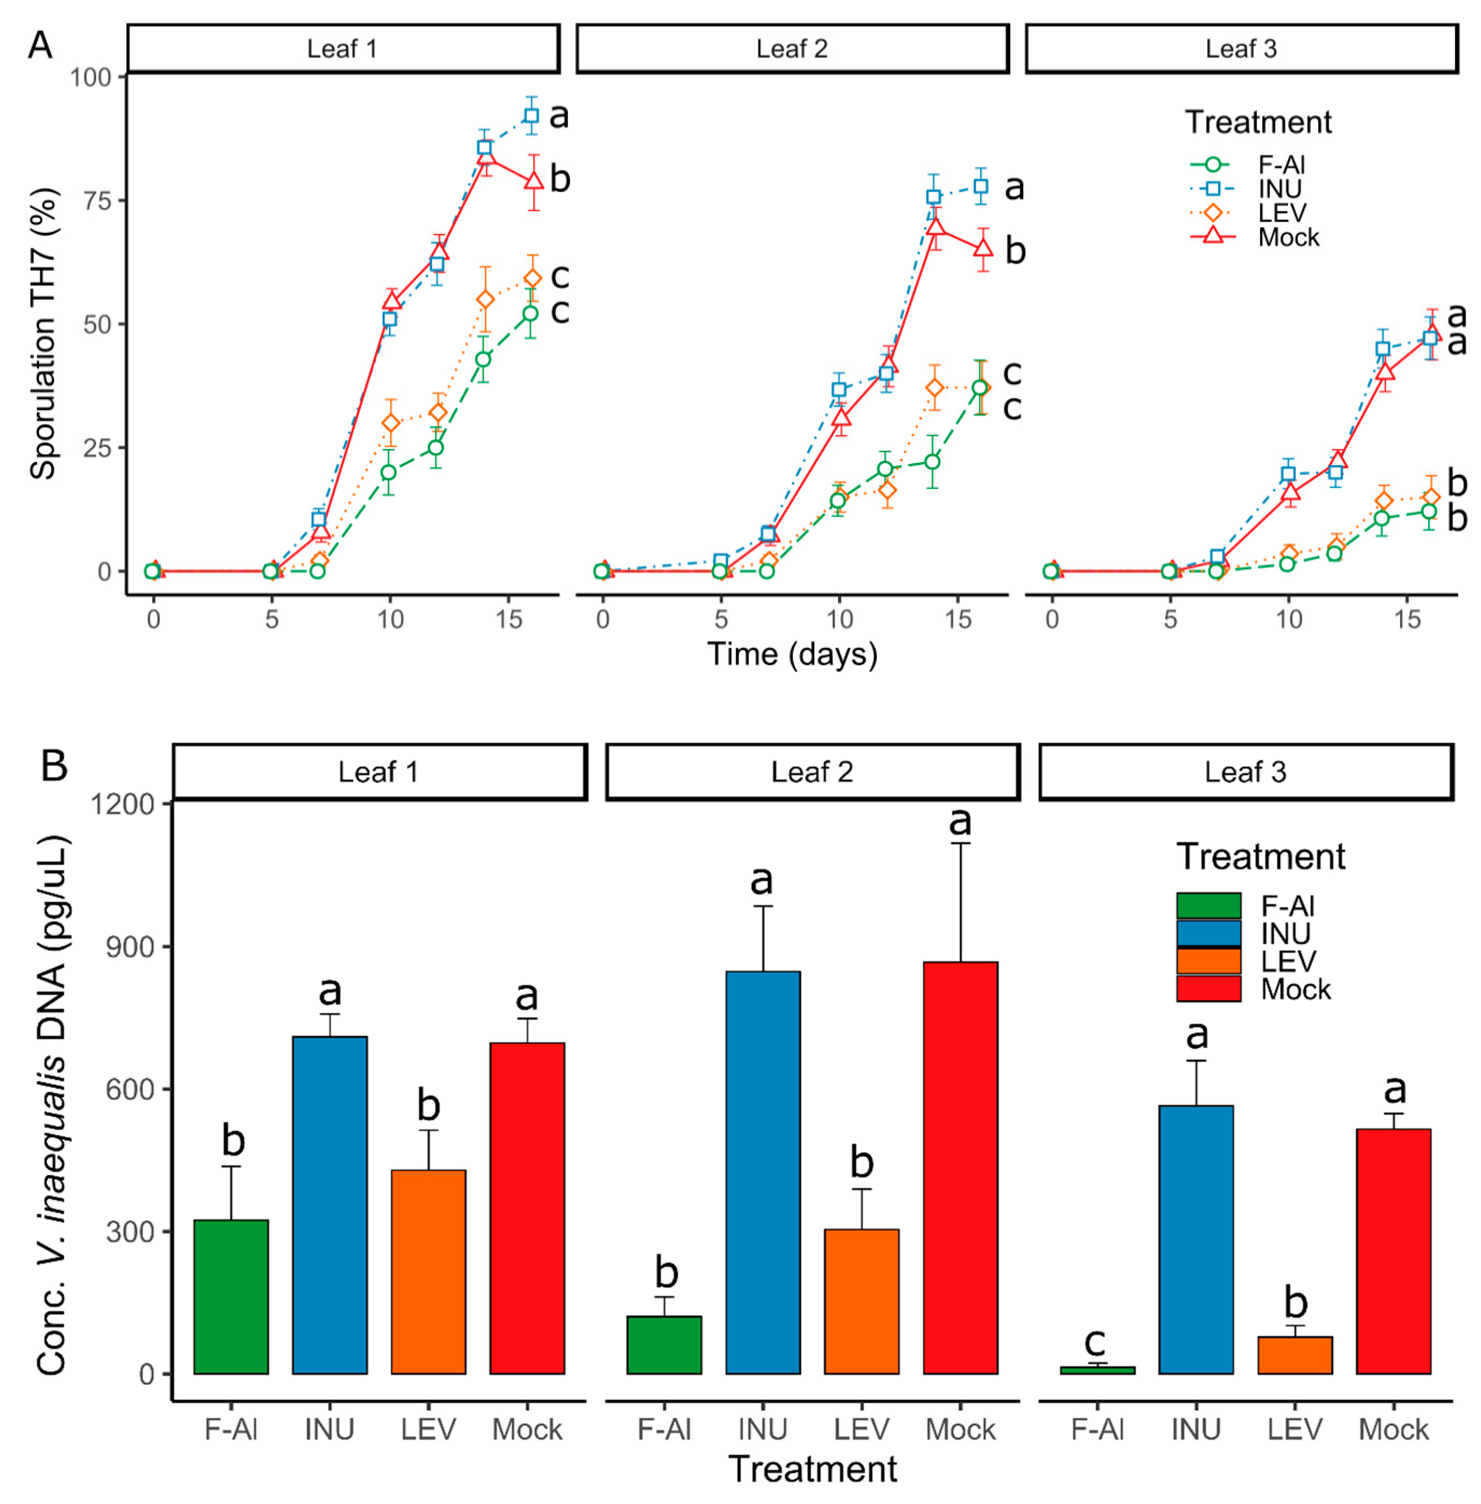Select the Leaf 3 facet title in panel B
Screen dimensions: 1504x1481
click(1245, 772)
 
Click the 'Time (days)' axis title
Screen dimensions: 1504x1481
click(792, 654)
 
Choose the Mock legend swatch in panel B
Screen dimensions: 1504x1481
click(1208, 989)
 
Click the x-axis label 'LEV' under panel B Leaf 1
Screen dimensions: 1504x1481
click(428, 1429)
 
